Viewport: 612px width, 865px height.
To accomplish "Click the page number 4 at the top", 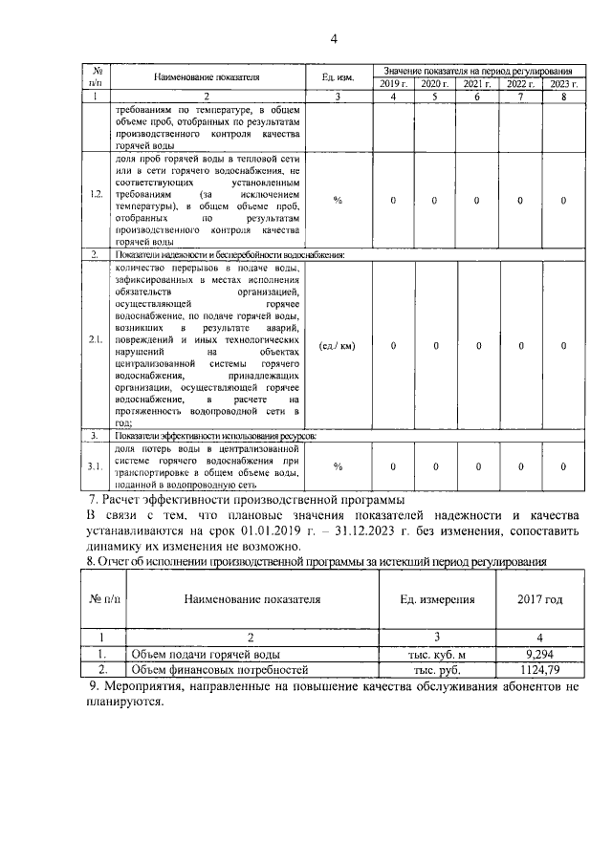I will point(334,39).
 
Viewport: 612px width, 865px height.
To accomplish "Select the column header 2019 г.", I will point(394,85).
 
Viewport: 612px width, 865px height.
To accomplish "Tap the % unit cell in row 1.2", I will point(337,200).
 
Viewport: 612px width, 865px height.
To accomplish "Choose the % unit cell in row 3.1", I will point(337,465).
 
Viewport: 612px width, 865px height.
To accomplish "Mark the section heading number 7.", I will point(92,499).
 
